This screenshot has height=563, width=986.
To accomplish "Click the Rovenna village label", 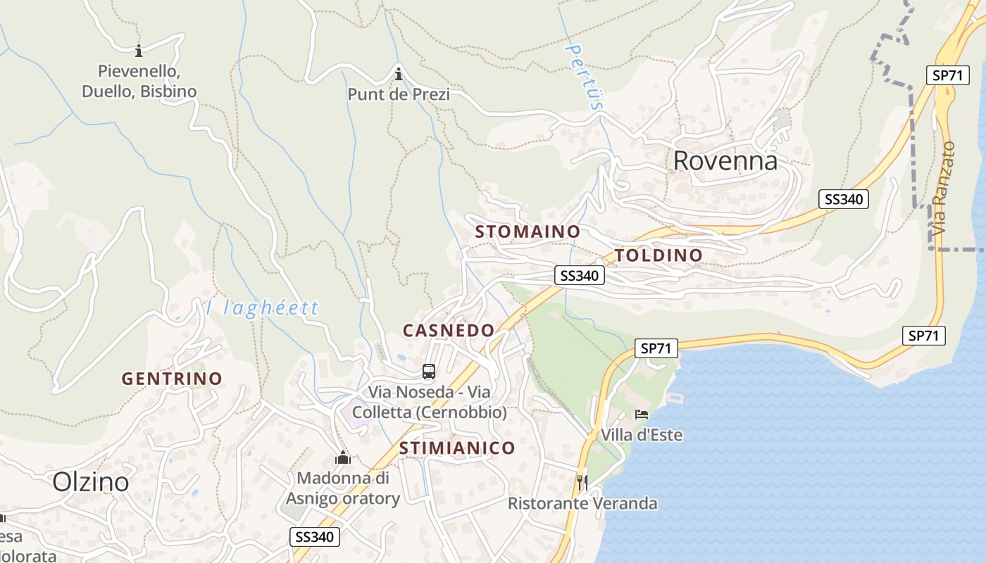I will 725,161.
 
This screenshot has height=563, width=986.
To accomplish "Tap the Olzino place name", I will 91,482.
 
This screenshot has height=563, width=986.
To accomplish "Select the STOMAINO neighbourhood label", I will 528,232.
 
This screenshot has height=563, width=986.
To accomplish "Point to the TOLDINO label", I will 659,255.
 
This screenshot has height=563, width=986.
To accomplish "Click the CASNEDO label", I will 449,330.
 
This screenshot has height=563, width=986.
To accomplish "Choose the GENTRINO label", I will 172,379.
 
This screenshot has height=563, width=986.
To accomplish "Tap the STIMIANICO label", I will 457,448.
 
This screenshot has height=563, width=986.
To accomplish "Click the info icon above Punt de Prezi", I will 399,73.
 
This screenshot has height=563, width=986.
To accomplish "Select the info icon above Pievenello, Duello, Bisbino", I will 139,51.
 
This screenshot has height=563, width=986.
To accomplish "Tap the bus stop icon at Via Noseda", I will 429,372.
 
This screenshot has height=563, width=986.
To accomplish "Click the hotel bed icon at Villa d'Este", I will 641,414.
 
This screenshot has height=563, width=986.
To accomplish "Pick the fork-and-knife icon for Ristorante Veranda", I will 582,482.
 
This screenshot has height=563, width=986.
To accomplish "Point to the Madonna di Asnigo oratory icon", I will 343,458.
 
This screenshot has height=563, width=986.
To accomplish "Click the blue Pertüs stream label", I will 585,77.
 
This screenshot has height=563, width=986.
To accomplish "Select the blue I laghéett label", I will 262,308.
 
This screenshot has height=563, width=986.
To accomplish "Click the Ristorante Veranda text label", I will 582,504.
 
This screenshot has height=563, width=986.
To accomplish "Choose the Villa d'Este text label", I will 641,435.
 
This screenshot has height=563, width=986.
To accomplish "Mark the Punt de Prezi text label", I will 399,94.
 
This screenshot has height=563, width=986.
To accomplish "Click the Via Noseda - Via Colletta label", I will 429,403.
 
